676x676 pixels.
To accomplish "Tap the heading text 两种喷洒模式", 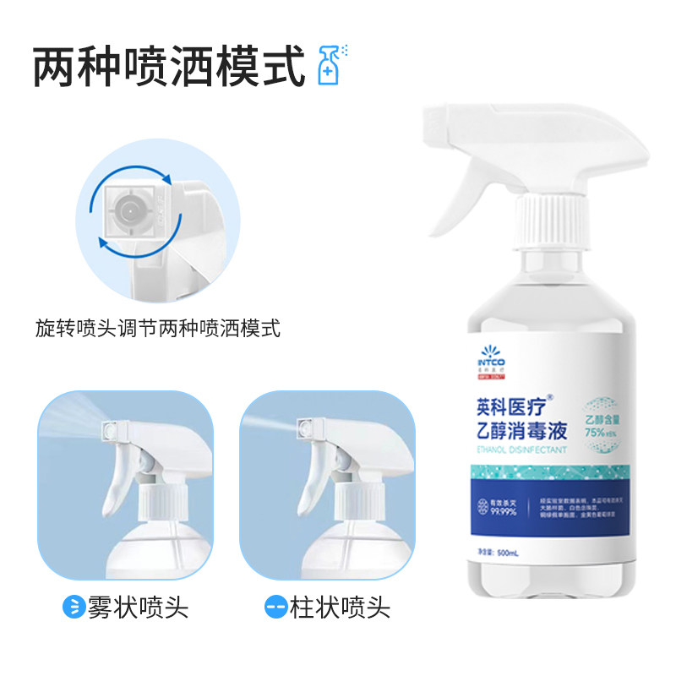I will point(169,68).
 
